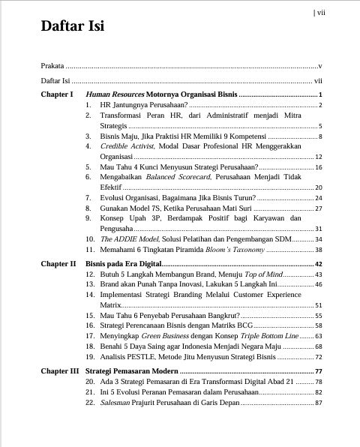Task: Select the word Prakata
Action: (52, 66)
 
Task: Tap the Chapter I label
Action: (57, 94)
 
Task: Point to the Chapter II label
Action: (58, 264)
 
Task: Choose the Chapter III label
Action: (59, 371)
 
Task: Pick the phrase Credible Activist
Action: (126, 147)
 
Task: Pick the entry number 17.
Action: (90, 336)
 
